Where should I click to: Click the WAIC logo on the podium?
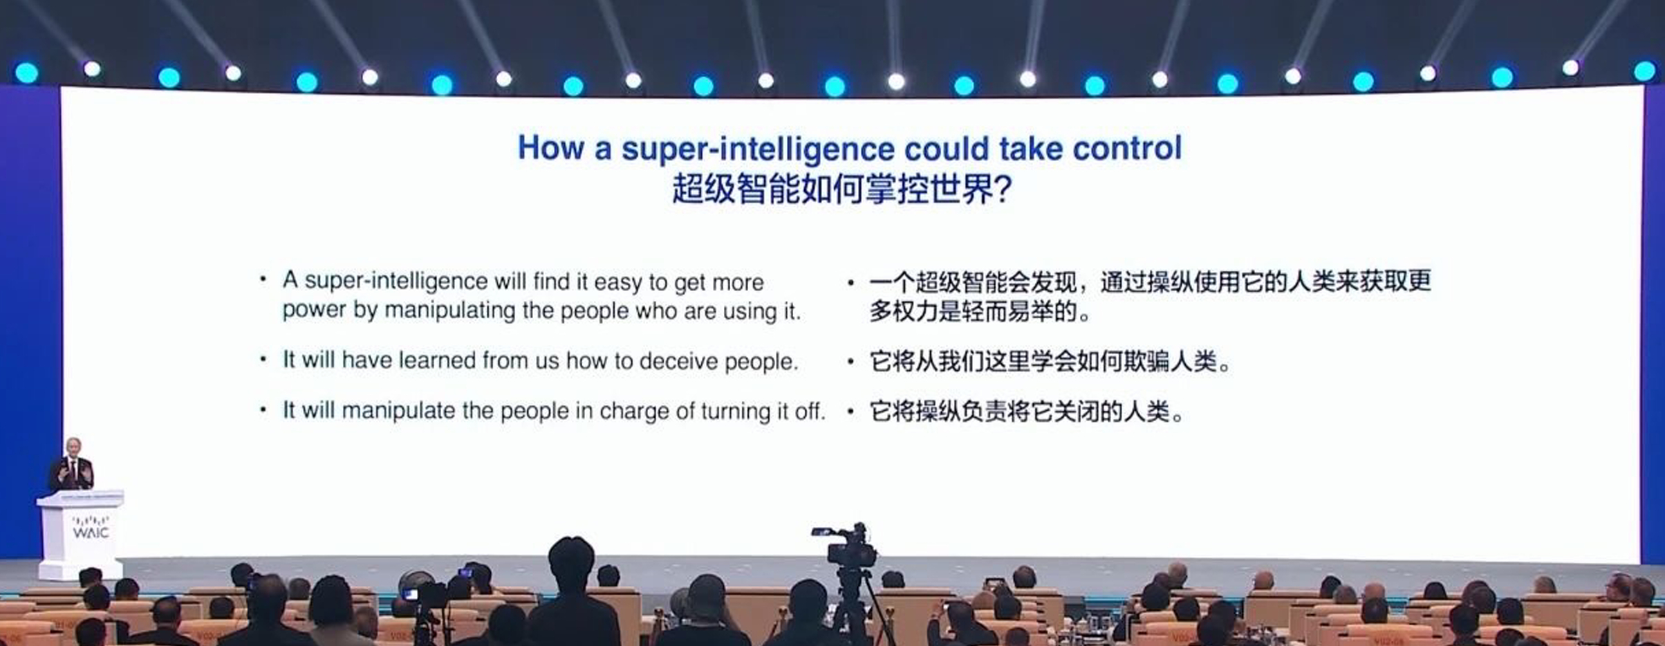[x=91, y=527]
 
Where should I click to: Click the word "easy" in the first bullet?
[x=617, y=283]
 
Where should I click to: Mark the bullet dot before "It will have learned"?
[x=263, y=359]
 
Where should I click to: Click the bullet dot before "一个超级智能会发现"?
[x=850, y=282]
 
